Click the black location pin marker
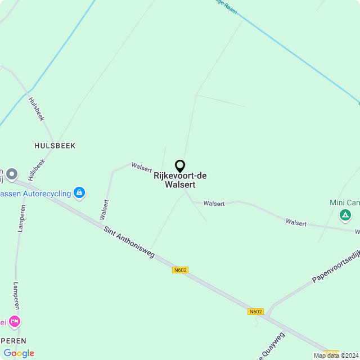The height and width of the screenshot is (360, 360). pyautogui.click(x=180, y=166)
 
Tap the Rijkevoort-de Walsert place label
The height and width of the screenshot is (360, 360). pyautogui.click(x=180, y=180)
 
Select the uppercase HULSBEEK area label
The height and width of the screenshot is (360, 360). pyautogui.click(x=55, y=146)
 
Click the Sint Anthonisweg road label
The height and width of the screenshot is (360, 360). pyautogui.click(x=129, y=242)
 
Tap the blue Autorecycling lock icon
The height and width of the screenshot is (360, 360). pyautogui.click(x=79, y=193)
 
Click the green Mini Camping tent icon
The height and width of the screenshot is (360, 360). pyautogui.click(x=345, y=215)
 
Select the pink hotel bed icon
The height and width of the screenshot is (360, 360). pyautogui.click(x=14, y=322)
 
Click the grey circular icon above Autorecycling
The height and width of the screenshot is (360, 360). pyautogui.click(x=12, y=174)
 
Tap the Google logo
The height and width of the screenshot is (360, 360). pyautogui.click(x=19, y=353)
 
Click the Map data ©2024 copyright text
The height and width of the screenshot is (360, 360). pyautogui.click(x=336, y=355)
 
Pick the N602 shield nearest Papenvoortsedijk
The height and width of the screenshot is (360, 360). pyautogui.click(x=255, y=312)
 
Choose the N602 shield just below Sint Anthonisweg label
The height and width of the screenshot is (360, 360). pyautogui.click(x=180, y=270)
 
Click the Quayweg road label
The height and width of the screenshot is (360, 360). pyautogui.click(x=272, y=346)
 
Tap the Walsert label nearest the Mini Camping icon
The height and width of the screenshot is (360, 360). pyautogui.click(x=296, y=223)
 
